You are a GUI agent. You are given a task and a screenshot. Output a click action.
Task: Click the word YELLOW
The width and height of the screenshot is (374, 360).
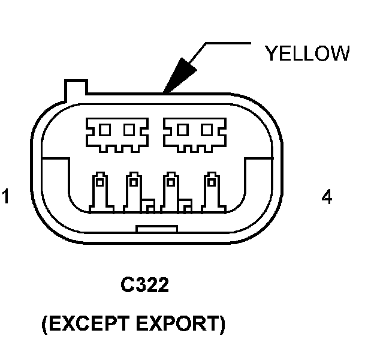[307, 53]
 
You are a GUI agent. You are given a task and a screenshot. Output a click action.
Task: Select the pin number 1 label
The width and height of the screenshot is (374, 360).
[6, 197]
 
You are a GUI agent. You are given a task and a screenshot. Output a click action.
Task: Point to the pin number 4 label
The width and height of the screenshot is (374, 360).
[327, 197]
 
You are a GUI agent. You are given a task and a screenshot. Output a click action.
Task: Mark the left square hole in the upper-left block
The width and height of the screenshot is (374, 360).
[105, 129]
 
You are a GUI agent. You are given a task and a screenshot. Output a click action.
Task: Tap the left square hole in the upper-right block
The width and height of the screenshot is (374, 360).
[182, 129]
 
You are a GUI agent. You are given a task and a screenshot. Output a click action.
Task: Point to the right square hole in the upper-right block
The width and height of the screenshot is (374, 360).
[206, 129]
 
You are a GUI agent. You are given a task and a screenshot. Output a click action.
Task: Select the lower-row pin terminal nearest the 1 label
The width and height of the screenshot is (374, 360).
[99, 192]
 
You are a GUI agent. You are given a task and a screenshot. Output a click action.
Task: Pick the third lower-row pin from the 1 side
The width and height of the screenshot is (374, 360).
[171, 192]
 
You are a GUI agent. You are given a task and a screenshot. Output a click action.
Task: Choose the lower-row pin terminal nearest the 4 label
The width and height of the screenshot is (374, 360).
[210, 192]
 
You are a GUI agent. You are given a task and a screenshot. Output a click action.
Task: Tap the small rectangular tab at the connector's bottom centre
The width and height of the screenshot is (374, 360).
[157, 229]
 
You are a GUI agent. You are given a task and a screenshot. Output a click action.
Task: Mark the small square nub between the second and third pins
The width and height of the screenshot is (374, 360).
[148, 207]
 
